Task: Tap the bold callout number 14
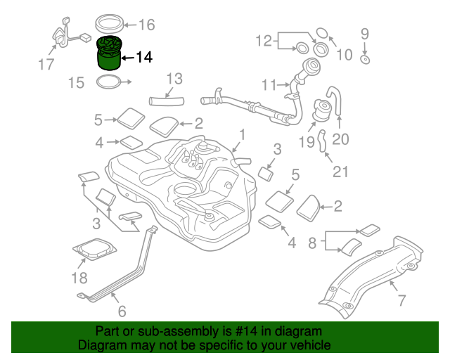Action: point(143,57)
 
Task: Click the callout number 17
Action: point(46,65)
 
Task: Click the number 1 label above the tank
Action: point(241,134)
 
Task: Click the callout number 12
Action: point(264,41)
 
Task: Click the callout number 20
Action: point(340,139)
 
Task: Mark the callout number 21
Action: point(340,172)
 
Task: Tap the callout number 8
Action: point(312,244)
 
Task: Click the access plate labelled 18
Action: point(94,249)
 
